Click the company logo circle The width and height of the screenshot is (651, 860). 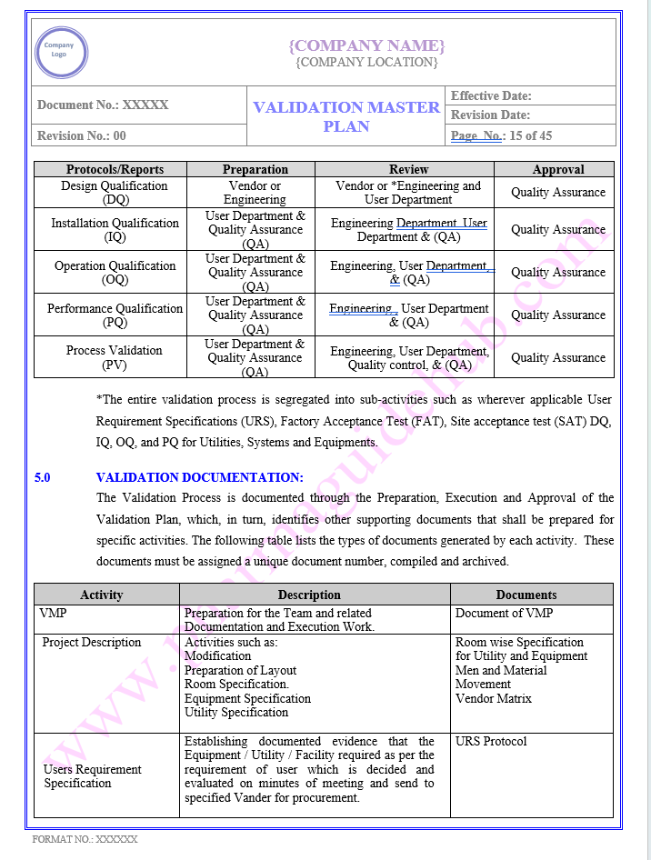click(61, 52)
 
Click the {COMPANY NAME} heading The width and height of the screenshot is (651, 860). click(366, 45)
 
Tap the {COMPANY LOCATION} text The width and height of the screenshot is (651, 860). click(366, 63)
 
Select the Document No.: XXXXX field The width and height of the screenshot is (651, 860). click(103, 105)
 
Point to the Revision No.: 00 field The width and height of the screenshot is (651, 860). click(82, 135)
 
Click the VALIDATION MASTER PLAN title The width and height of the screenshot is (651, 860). click(346, 116)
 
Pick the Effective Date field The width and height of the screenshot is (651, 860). click(491, 95)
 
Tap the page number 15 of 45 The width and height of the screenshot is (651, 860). click(501, 135)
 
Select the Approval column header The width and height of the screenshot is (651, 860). click(558, 169)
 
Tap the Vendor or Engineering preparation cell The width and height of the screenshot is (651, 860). click(255, 193)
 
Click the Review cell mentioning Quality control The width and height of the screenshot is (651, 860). click(409, 358)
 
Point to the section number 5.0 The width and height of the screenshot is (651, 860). click(43, 477)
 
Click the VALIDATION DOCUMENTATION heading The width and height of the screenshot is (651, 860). click(199, 477)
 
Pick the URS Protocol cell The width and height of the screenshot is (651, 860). click(491, 741)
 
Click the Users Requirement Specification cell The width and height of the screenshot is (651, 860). click(93, 776)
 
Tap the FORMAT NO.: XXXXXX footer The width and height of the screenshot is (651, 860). click(85, 839)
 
